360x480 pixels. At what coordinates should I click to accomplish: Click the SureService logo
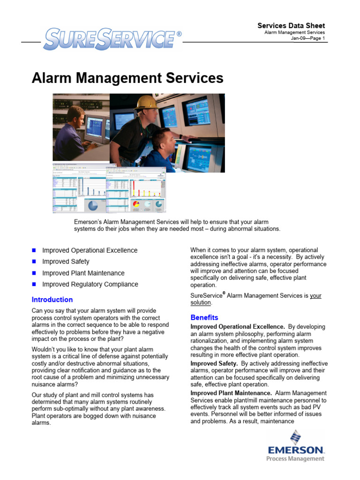coord(110,39)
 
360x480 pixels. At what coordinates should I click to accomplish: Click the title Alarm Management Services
coord(127,78)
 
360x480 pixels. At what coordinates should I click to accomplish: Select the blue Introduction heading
coord(52,300)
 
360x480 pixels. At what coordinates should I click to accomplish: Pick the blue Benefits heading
coord(204,317)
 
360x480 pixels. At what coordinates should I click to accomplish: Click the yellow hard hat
coord(146,102)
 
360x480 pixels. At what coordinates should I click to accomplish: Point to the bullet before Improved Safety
coord(34,262)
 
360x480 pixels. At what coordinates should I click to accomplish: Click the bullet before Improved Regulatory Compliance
coord(34,284)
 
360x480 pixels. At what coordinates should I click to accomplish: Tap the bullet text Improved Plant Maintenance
coord(83,273)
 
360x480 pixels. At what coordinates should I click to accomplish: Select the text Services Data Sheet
coord(291,26)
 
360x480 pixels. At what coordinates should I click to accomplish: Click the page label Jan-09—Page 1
coord(308,38)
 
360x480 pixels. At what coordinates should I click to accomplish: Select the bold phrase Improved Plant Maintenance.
coord(231,393)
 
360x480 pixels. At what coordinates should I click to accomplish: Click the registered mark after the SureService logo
coord(179,34)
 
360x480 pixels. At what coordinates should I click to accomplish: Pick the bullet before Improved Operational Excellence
coord(34,250)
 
